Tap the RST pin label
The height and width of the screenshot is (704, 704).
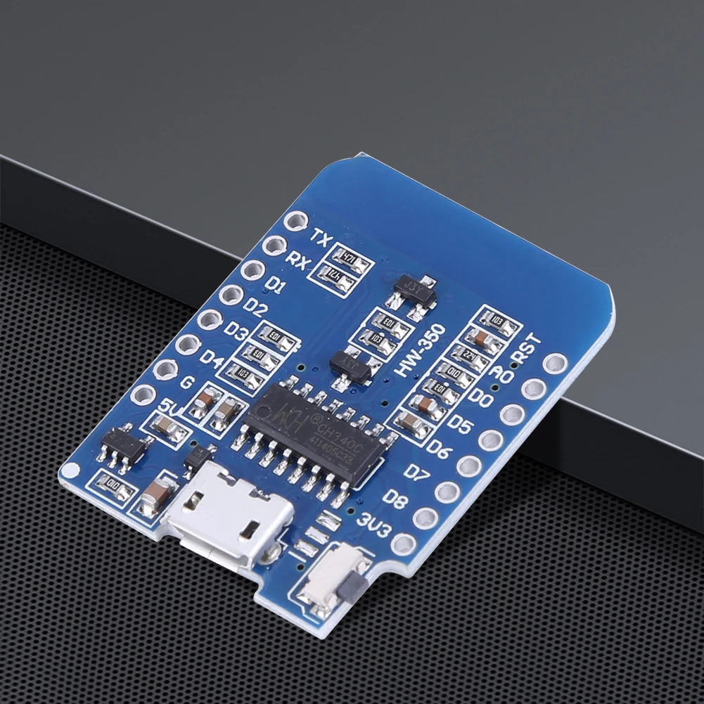click(x=527, y=350)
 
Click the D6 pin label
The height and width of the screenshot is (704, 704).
click(x=437, y=449)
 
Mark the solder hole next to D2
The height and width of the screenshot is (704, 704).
click(x=230, y=295)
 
